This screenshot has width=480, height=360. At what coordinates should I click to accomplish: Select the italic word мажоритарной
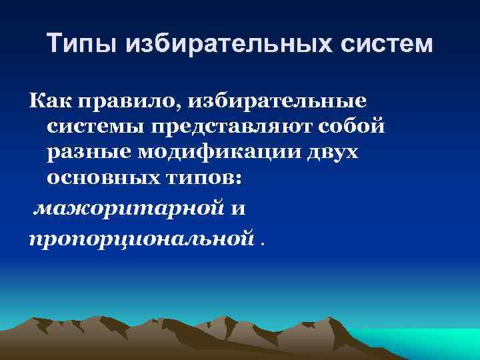coord(129,209)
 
